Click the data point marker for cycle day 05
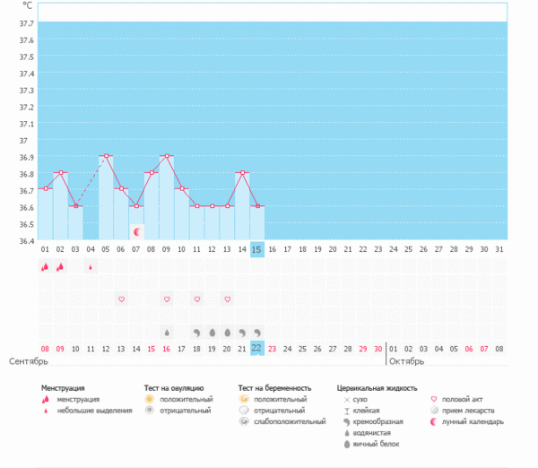106,156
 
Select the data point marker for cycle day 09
167,156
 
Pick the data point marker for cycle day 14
242,172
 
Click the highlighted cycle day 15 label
257,248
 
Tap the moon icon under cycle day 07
136,231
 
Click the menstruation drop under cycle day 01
45,266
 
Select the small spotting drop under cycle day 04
91,266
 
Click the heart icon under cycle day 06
121,299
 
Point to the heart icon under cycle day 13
227,299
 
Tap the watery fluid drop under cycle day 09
167,332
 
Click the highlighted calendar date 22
257,348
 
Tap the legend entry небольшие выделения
89,410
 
